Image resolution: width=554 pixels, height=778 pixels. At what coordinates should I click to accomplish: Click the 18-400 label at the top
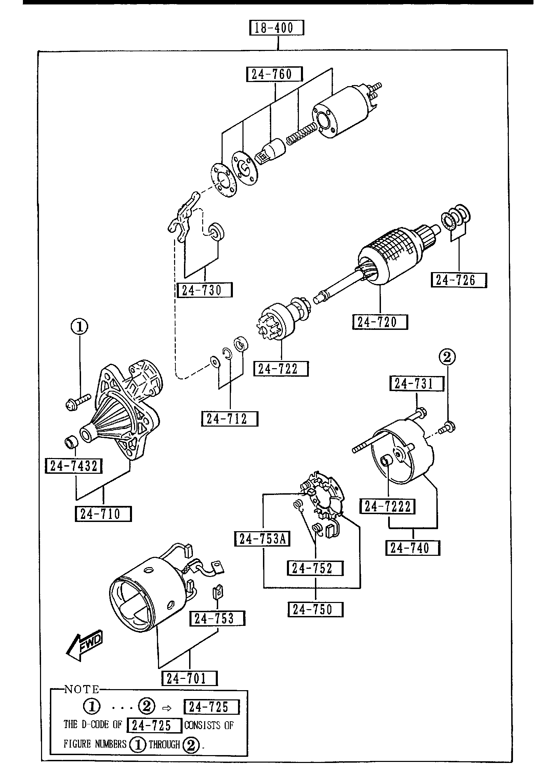coord(277,28)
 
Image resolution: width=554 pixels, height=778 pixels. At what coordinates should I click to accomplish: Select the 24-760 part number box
coord(274,74)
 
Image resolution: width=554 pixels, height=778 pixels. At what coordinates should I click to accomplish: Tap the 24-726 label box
coord(459,280)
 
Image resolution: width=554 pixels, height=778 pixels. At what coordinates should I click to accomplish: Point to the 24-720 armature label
coord(380,322)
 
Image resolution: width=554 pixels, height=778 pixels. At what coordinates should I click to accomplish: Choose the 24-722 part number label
coord(281,369)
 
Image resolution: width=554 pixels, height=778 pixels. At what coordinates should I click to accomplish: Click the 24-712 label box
coord(229,419)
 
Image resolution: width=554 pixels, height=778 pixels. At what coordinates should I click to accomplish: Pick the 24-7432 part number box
coord(74,466)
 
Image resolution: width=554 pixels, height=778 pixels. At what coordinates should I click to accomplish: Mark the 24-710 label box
coord(103,514)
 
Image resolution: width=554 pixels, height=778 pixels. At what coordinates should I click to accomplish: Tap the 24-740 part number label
coord(413,548)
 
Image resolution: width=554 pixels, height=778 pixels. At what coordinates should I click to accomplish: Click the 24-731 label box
coord(417,384)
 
